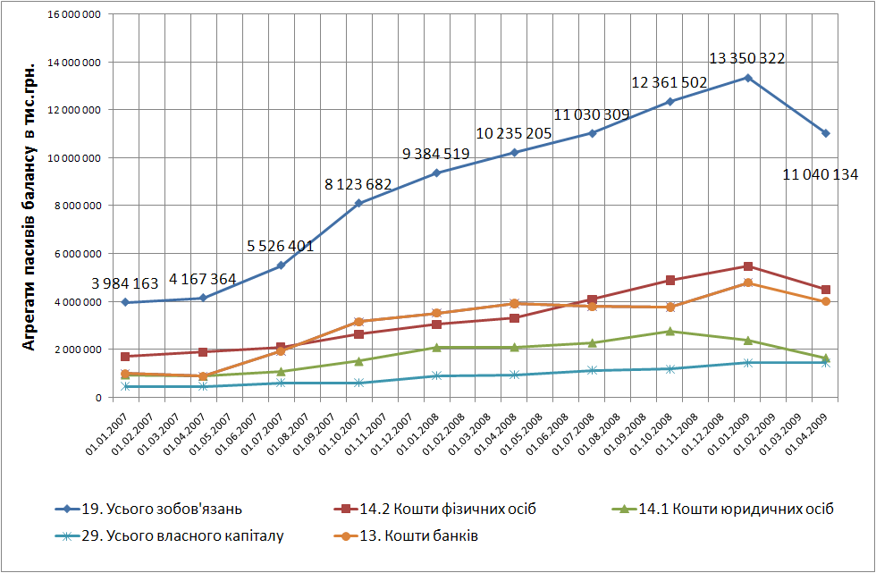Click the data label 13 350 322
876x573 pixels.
pyautogui.click(x=746, y=59)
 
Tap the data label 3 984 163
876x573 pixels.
pyautogui.click(x=125, y=284)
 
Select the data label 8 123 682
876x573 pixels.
pyautogui.click(x=358, y=185)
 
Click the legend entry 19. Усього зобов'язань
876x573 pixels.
pyautogui.click(x=161, y=510)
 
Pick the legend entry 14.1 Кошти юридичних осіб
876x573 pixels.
pyautogui.click(x=736, y=510)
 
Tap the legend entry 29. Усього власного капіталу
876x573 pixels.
pyautogui.click(x=182, y=536)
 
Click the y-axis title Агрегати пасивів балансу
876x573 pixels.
pyautogui.click(x=29, y=206)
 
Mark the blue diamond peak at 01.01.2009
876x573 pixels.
pyautogui.click(x=747, y=78)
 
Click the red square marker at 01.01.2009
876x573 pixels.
pyautogui.click(x=747, y=266)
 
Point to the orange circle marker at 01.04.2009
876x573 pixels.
pyautogui.click(x=825, y=301)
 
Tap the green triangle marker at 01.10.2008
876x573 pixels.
pyautogui.click(x=670, y=331)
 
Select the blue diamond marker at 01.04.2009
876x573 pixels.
pyautogui.click(x=825, y=133)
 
